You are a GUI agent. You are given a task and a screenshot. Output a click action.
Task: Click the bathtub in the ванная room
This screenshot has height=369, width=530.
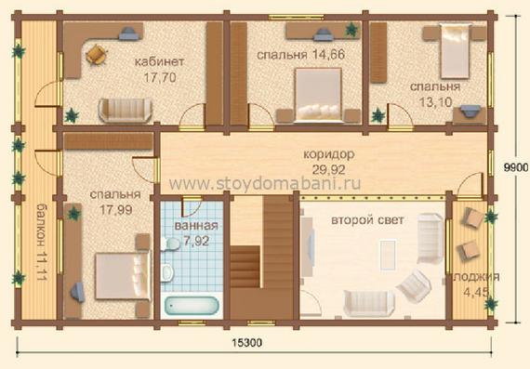click(x=192, y=306)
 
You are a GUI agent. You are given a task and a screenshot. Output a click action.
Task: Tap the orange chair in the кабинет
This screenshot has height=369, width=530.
click(x=97, y=55)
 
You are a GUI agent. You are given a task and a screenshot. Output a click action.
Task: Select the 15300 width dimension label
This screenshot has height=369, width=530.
click(x=246, y=343)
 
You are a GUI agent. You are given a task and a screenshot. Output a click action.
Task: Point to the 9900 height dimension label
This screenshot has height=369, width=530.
click(x=516, y=167)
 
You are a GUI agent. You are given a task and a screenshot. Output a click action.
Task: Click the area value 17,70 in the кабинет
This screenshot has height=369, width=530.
click(x=160, y=78)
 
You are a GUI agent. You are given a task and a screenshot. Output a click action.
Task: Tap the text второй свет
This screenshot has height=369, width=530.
click(x=367, y=220)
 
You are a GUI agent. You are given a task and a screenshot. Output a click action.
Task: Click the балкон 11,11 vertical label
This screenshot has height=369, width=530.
click(x=41, y=242)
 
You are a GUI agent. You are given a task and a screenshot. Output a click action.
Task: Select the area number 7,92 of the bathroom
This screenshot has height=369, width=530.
click(x=196, y=241)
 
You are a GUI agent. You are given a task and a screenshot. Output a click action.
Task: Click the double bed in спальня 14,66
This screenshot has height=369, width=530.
click(x=318, y=95)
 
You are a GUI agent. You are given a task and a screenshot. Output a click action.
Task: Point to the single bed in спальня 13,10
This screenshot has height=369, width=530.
click(x=456, y=51)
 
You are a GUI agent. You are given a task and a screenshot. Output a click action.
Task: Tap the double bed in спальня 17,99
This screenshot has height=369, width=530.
click(x=123, y=276)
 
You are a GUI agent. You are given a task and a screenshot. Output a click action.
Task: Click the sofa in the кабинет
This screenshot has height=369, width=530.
click(x=126, y=111)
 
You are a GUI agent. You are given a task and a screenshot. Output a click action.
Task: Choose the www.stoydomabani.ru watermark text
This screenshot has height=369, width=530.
click(x=265, y=183)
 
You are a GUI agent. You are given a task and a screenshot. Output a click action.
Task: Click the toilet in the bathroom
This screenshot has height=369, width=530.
click(x=167, y=273)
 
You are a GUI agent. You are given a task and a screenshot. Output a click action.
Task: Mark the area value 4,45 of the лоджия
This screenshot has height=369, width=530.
click(x=477, y=292)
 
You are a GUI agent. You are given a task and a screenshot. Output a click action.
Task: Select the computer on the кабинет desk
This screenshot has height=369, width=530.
click(x=128, y=33)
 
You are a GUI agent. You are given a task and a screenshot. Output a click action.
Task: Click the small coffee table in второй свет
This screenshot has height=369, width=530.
click(x=388, y=255)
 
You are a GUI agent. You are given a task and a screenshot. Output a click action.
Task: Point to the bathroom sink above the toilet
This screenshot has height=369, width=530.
click(x=170, y=244)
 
